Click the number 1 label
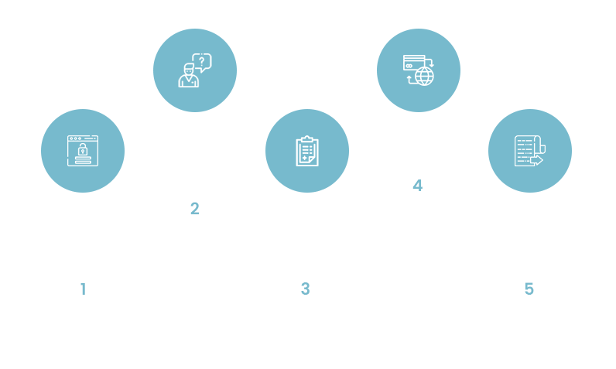(x=83, y=289)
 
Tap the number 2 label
(x=194, y=209)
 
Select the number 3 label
(x=305, y=289)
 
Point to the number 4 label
(x=417, y=186)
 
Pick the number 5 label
(x=529, y=289)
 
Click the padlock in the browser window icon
(x=83, y=150)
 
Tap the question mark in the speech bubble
(x=202, y=61)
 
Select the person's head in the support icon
(x=189, y=70)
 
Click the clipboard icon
(x=307, y=151)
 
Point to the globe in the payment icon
(x=424, y=77)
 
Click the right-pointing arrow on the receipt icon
(x=536, y=160)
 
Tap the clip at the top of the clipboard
(x=307, y=138)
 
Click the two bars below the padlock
(x=83, y=160)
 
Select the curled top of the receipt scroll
(x=541, y=145)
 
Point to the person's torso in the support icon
(x=189, y=81)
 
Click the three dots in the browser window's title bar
(x=75, y=138)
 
